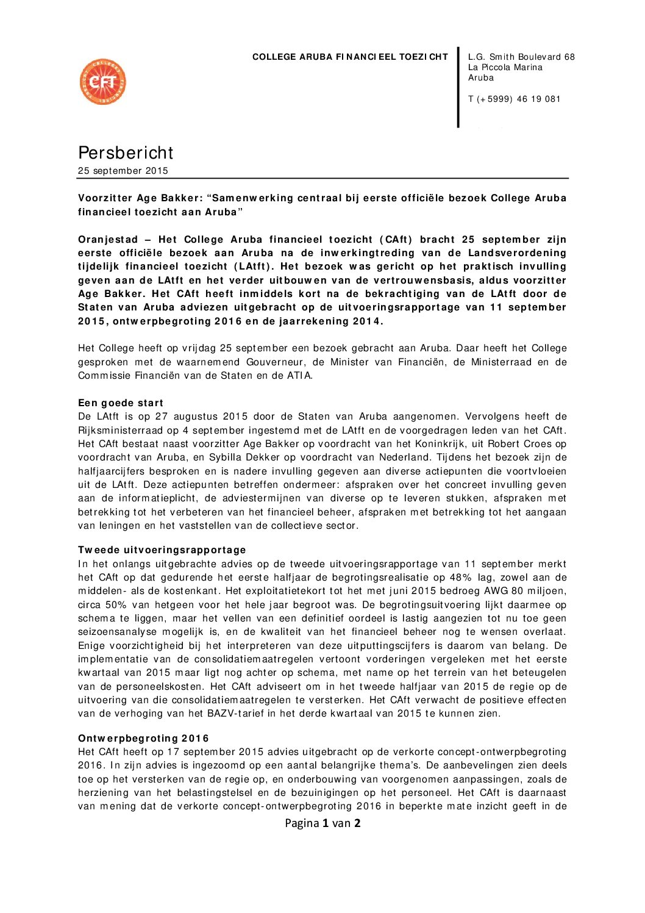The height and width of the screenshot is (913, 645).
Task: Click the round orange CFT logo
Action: pyautogui.click(x=102, y=82)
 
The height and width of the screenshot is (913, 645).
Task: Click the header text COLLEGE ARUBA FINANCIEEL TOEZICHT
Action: pyautogui.click(x=350, y=57)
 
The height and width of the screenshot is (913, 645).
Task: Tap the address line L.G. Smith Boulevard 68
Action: pyautogui.click(x=521, y=57)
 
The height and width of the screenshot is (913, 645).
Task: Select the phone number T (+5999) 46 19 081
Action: pyautogui.click(x=514, y=99)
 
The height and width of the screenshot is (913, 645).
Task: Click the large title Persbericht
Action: pyautogui.click(x=126, y=152)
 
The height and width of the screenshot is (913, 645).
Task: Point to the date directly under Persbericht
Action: pyautogui.click(x=123, y=171)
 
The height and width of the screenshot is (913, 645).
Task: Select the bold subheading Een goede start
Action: pyautogui.click(x=121, y=403)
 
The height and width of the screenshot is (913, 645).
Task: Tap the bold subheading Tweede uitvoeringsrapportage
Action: pyautogui.click(x=162, y=550)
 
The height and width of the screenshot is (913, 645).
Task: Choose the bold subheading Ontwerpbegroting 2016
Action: pyautogui.click(x=143, y=739)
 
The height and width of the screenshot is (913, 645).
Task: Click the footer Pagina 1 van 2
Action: pyautogui.click(x=322, y=823)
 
